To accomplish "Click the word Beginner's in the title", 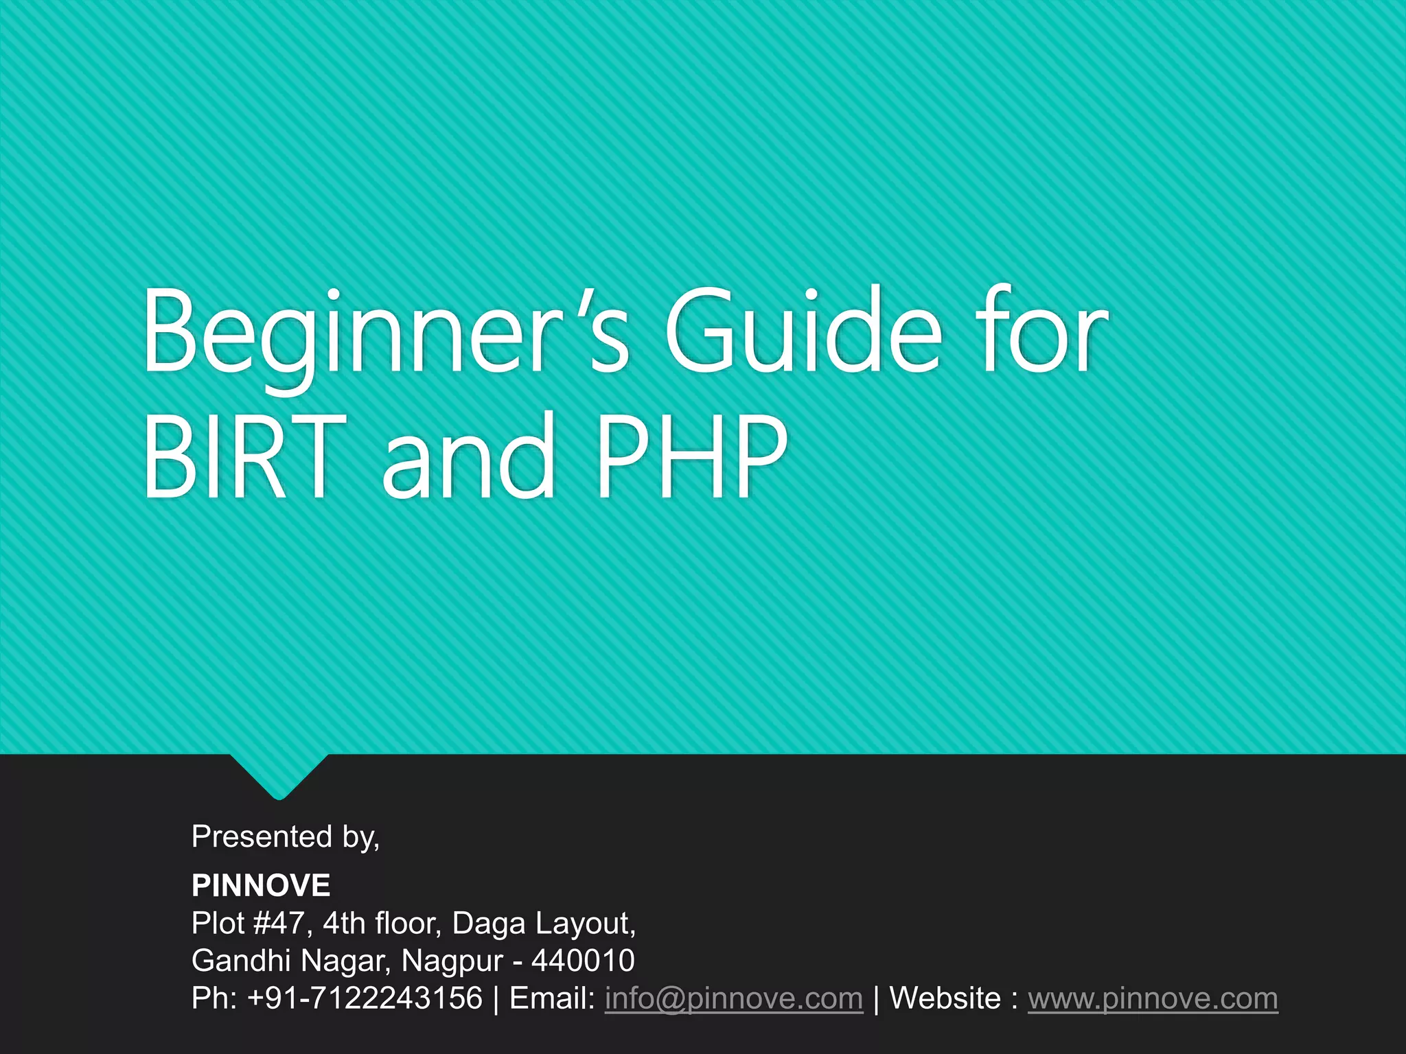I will pos(385,333).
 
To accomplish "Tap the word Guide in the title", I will pos(803,333).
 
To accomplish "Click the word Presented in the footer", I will pos(262,836).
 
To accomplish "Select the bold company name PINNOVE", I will pos(261,885).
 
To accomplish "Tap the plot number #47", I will pos(279,923).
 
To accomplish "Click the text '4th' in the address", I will pos(344,923).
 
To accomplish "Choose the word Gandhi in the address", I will pos(241,960).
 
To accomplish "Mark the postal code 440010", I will pos(583,960).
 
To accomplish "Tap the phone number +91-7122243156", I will pos(365,998).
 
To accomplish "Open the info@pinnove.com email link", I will pos(733,998).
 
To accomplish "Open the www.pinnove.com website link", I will pos(1153,998).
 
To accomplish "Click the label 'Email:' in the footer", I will pos(552,998).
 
